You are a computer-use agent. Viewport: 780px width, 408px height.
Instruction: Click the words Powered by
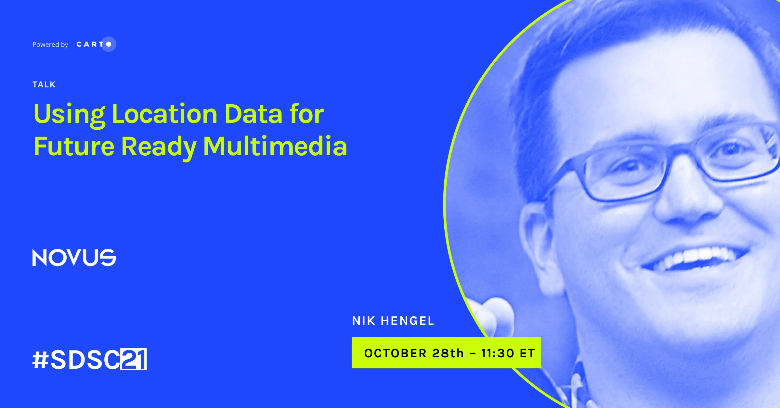(x=50, y=45)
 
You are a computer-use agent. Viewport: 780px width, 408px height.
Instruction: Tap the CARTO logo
(x=96, y=44)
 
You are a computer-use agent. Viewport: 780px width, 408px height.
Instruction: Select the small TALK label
(x=44, y=85)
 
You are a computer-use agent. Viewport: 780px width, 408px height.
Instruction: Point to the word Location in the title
(x=165, y=114)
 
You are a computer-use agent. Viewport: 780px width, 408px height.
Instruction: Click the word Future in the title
(x=74, y=147)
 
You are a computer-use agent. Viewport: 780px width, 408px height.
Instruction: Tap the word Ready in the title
(x=159, y=148)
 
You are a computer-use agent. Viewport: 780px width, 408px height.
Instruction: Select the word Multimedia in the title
(x=275, y=146)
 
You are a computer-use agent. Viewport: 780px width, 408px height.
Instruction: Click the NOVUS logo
(x=74, y=258)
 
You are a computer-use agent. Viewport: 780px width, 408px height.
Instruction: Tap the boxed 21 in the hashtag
(x=134, y=359)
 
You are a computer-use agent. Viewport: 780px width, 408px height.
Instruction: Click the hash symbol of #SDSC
(x=41, y=360)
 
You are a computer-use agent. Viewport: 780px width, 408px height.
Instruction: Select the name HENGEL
(x=408, y=321)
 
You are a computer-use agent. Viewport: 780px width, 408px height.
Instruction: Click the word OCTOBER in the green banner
(x=396, y=353)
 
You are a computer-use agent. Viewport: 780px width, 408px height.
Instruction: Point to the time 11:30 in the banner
(x=498, y=353)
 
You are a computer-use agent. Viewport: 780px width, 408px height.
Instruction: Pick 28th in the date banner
(x=448, y=353)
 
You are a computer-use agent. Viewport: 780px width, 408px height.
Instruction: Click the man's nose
(x=686, y=198)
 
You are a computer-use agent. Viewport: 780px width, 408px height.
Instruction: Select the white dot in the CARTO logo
(x=109, y=44)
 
